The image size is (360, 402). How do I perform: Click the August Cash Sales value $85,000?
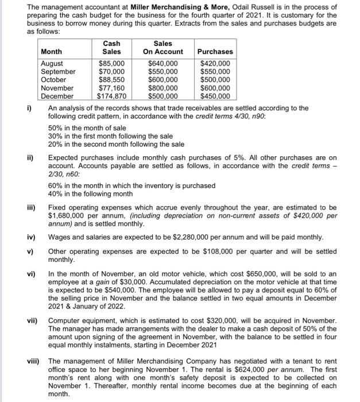[111, 63]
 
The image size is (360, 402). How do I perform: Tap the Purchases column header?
[215, 52]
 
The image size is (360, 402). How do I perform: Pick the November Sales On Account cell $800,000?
[163, 88]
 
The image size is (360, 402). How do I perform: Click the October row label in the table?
[54, 80]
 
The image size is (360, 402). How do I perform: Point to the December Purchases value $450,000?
[215, 96]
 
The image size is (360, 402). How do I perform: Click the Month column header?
[52, 52]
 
